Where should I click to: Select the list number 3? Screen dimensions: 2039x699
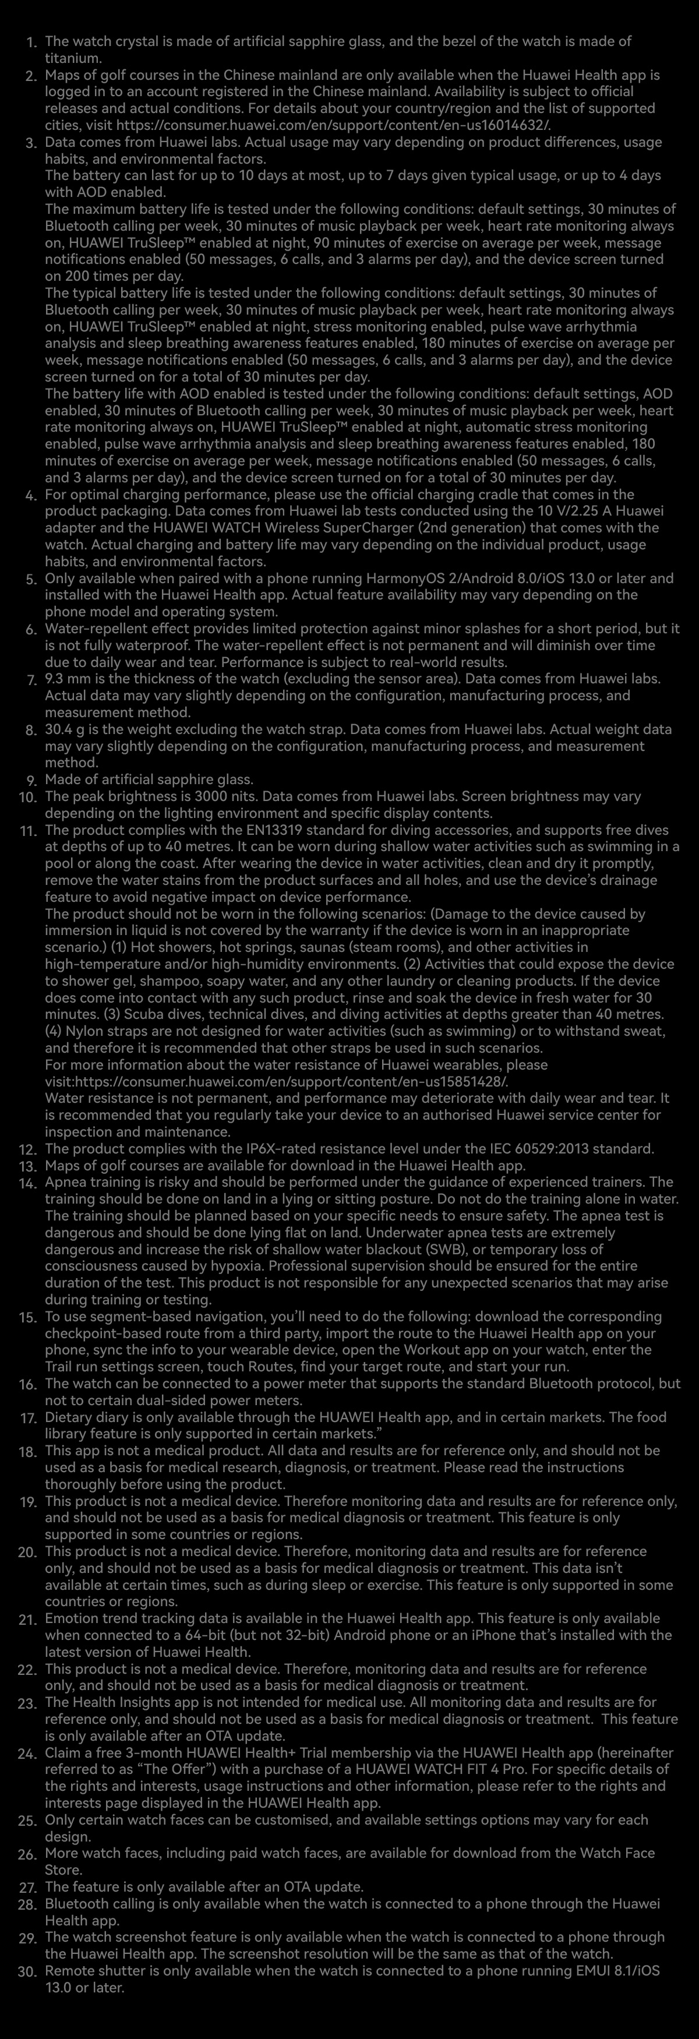31,144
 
